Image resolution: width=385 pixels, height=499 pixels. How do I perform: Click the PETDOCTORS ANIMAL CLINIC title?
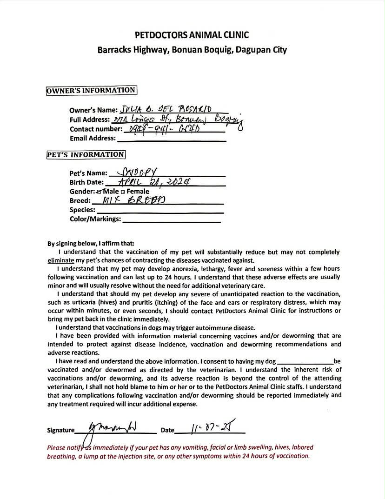click(x=192, y=35)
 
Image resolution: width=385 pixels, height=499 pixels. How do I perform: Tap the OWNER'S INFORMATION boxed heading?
click(x=91, y=91)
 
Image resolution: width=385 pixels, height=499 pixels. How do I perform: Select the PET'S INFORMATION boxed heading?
click(x=86, y=154)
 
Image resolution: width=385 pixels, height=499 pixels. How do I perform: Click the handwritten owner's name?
click(x=166, y=110)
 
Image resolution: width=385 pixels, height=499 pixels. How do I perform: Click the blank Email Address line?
click(x=172, y=139)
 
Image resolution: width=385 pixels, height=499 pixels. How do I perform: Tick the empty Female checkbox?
click(x=123, y=192)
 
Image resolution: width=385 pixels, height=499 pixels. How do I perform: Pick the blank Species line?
click(x=159, y=211)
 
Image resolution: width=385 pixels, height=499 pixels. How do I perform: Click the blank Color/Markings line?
click(x=171, y=220)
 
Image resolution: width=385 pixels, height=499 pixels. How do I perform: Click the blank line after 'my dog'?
click(x=305, y=361)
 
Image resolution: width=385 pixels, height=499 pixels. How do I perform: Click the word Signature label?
click(x=60, y=430)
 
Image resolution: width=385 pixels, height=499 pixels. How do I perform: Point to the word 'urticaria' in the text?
click(x=75, y=302)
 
